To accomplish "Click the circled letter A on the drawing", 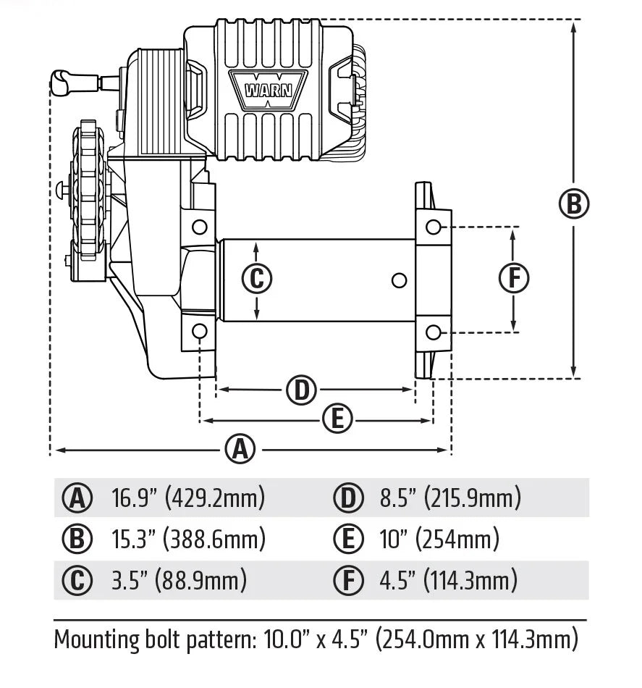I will pos(240,450).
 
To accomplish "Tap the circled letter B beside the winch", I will pos(573,204).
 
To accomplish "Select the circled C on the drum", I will pos(256,279).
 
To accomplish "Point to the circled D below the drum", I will pos(301,390).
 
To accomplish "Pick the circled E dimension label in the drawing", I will pos(337,419).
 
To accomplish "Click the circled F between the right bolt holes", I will pos(514,279).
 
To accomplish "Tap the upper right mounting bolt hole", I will pos(433,227).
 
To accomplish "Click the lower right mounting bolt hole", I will pos(433,332).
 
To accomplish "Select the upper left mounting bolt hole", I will pos(199,227).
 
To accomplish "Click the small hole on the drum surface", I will pos(397,280).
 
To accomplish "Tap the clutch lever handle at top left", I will pos(64,82).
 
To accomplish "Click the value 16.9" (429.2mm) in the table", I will pos(188,498).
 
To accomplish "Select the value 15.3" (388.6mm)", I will pos(188,540).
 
